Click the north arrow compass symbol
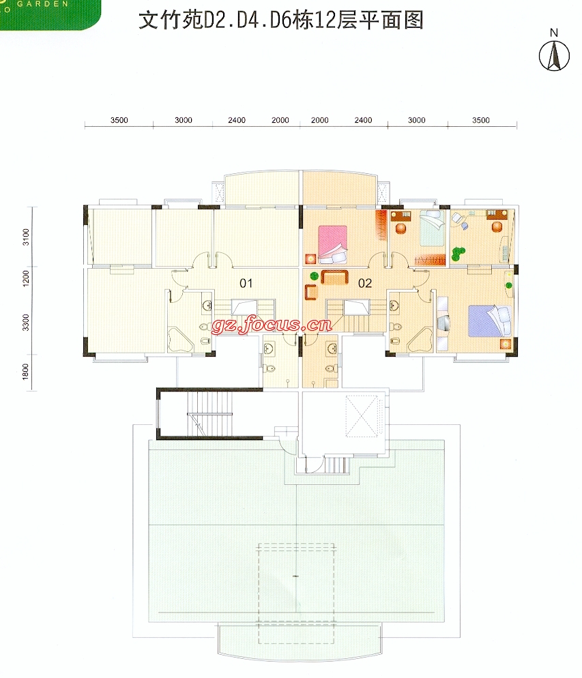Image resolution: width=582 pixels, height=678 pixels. (x=554, y=56)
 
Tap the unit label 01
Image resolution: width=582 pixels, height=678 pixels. (x=246, y=283)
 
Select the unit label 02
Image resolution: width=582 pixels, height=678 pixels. (x=365, y=283)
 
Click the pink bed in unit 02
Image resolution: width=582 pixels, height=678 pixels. (x=332, y=244)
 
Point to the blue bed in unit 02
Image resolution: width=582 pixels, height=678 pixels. (x=490, y=321)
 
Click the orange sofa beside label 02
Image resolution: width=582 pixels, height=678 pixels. (x=335, y=277)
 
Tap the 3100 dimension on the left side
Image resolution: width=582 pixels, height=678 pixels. (x=26, y=237)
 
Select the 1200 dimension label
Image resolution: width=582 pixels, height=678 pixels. (x=26, y=278)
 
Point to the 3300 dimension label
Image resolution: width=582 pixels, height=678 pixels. (x=26, y=323)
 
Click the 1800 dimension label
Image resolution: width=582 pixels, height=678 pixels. (x=26, y=372)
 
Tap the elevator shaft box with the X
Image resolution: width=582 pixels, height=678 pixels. (x=363, y=416)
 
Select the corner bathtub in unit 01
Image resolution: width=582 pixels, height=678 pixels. (x=180, y=340)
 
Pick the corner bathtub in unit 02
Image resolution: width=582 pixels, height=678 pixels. (x=420, y=340)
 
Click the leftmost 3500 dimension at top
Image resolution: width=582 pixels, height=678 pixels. (x=119, y=120)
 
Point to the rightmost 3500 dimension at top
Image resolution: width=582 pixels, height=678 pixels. (x=481, y=120)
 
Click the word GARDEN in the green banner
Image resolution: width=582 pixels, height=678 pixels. (x=43, y=4)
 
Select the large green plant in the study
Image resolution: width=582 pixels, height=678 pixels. (x=458, y=253)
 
